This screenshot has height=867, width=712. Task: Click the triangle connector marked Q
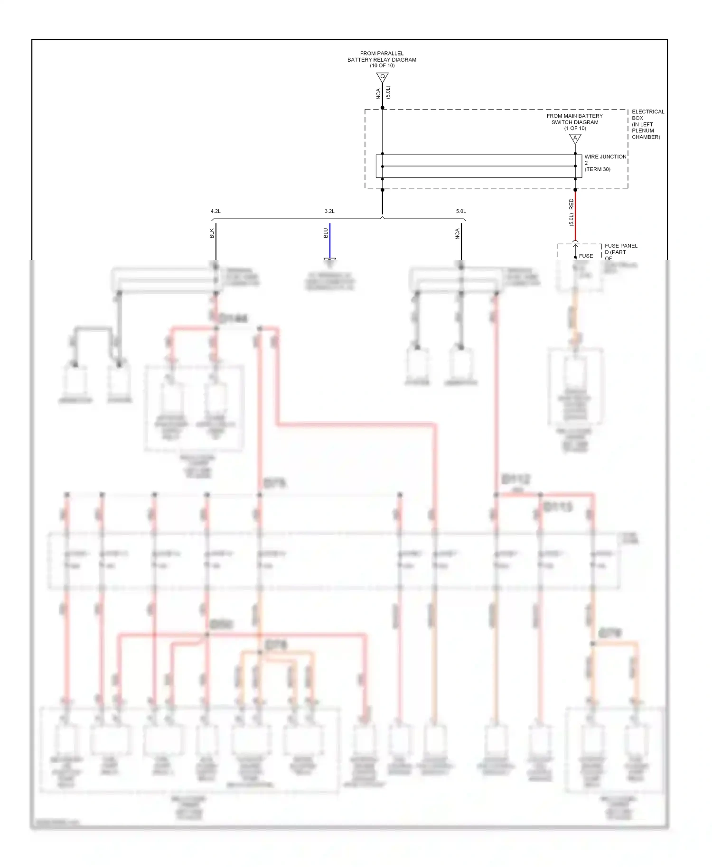tap(382, 77)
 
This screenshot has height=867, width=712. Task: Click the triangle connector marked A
tap(575, 138)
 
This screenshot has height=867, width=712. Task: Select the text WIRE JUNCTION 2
tap(605, 159)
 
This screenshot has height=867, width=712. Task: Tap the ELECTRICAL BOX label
tap(647, 115)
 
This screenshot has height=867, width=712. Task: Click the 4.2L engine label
tap(215, 211)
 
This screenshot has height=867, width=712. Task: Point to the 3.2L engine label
tap(329, 211)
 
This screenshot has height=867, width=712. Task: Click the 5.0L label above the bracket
tap(461, 211)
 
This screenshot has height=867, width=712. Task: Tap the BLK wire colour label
tap(212, 233)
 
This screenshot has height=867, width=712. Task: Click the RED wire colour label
tap(571, 204)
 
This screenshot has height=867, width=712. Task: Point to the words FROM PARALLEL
tap(382, 53)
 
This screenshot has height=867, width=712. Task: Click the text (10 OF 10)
tap(382, 65)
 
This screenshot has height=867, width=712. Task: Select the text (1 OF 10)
tap(575, 128)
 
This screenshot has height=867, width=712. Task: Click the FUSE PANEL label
tap(621, 246)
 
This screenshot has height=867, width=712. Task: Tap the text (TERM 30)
tap(597, 169)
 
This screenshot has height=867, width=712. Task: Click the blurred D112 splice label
tap(515, 480)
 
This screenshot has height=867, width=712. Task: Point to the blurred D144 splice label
tap(233, 318)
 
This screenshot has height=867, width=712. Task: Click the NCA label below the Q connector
tap(378, 93)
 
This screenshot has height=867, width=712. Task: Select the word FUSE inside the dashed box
tap(586, 256)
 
